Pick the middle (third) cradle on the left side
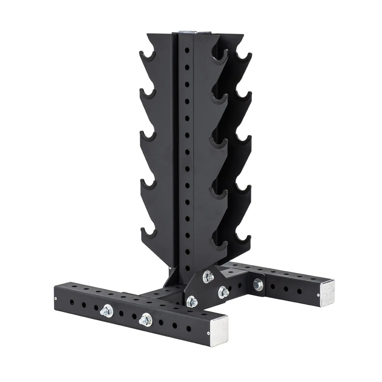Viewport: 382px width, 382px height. click(148, 136)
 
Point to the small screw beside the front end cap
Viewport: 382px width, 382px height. click(209, 333)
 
